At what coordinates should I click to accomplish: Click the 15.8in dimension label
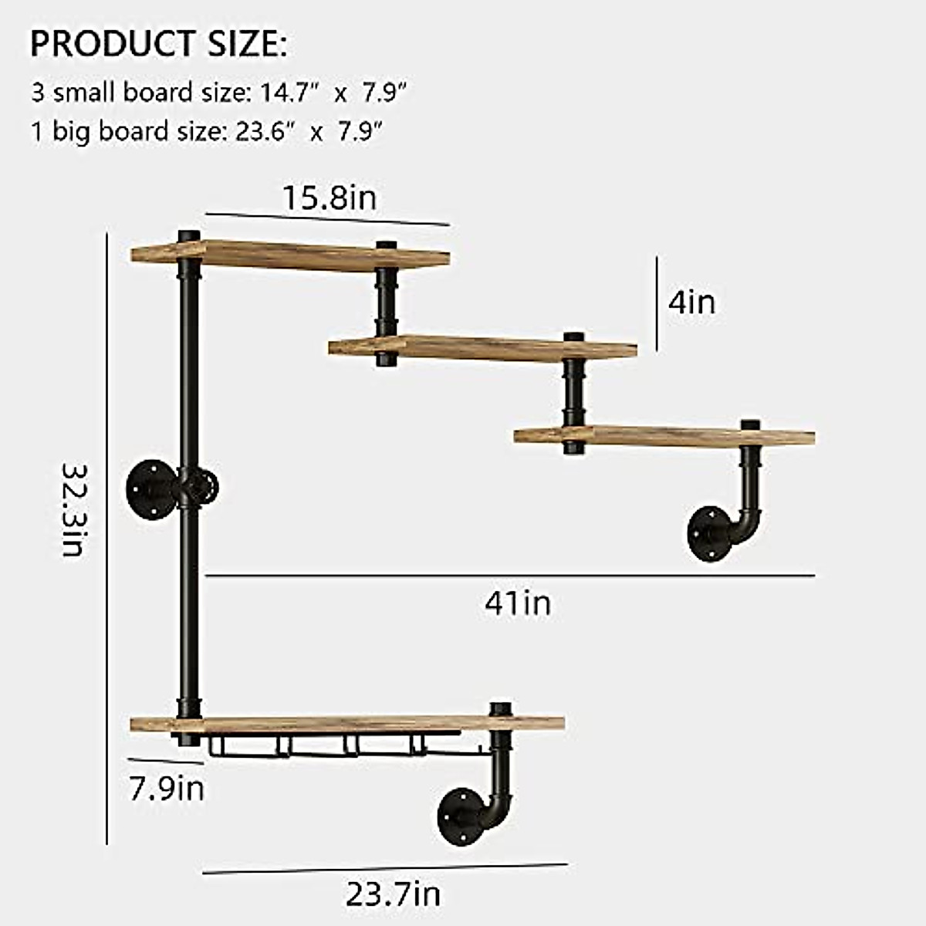pyautogui.click(x=329, y=198)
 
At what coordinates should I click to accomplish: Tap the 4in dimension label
pyautogui.click(x=691, y=302)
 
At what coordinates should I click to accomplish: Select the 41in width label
pyautogui.click(x=518, y=603)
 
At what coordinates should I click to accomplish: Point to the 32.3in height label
pyautogui.click(x=74, y=509)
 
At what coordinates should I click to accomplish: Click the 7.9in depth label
pyautogui.click(x=167, y=789)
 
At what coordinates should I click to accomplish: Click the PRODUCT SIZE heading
pyautogui.click(x=158, y=44)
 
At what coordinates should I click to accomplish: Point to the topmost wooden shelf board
pyautogui.click(x=289, y=255)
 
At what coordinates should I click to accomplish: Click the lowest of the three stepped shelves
pyautogui.click(x=664, y=435)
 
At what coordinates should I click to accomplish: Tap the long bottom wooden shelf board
pyautogui.click(x=347, y=724)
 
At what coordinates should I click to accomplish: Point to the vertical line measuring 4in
pyautogui.click(x=657, y=303)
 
